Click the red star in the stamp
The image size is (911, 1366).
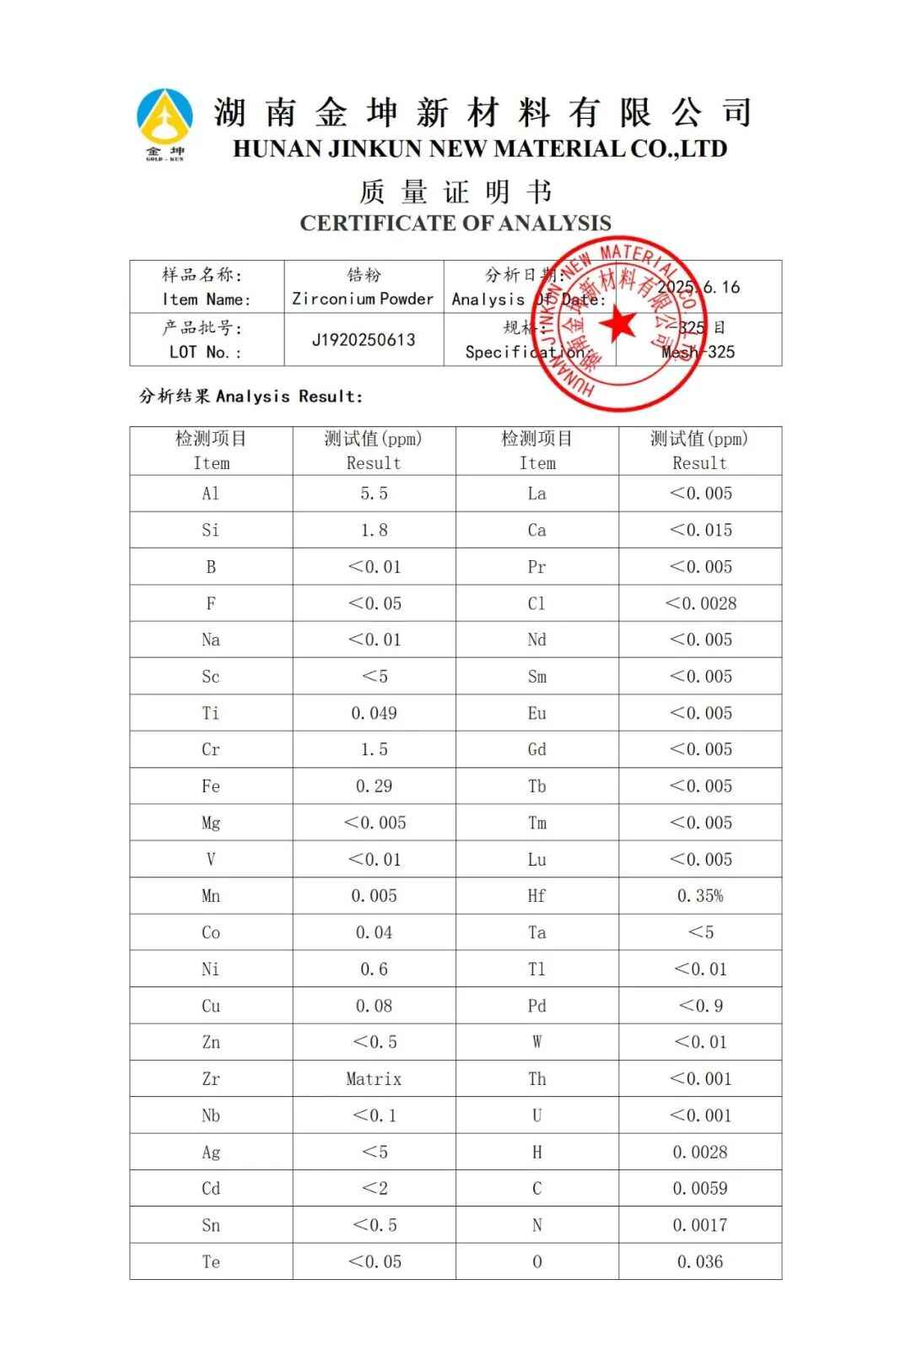point(618,324)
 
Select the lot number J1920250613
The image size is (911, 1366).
point(364,340)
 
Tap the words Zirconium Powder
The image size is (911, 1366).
point(363,299)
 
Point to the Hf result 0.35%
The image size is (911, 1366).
point(700,896)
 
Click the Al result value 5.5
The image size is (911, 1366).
point(374,494)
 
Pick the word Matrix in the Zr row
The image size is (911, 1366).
point(374,1079)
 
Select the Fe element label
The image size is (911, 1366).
point(211,786)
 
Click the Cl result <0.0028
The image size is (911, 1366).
point(700,603)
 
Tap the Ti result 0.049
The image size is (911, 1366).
point(374,713)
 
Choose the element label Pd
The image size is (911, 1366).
point(536,1006)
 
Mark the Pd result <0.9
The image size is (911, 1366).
point(700,1006)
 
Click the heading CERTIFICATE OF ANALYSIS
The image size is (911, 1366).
point(455,224)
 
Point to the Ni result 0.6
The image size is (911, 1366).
point(374,969)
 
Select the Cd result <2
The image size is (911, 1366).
point(374,1189)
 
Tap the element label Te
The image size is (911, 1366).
point(211,1262)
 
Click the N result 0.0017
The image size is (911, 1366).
point(700,1225)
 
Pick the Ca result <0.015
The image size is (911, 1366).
point(700,530)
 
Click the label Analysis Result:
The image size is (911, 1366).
point(251,396)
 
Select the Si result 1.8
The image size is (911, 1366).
point(374,530)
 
